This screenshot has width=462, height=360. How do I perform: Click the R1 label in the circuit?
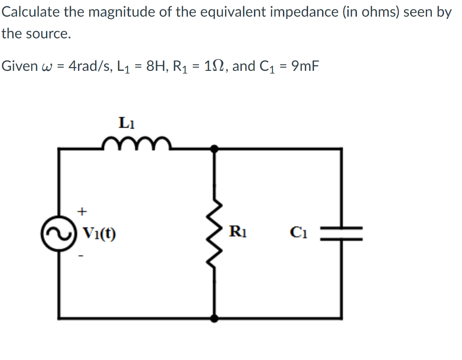(238, 233)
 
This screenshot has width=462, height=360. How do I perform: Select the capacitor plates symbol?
(341, 234)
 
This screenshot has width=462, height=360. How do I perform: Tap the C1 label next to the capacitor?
(299, 234)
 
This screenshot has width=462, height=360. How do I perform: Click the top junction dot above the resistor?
(215, 148)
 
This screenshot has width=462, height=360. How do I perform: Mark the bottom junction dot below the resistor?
(215, 318)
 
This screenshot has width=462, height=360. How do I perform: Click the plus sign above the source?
(82, 210)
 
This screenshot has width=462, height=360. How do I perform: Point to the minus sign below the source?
(82, 257)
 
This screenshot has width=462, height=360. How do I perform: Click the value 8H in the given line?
(157, 66)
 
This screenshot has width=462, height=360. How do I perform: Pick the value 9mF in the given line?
(305, 66)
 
